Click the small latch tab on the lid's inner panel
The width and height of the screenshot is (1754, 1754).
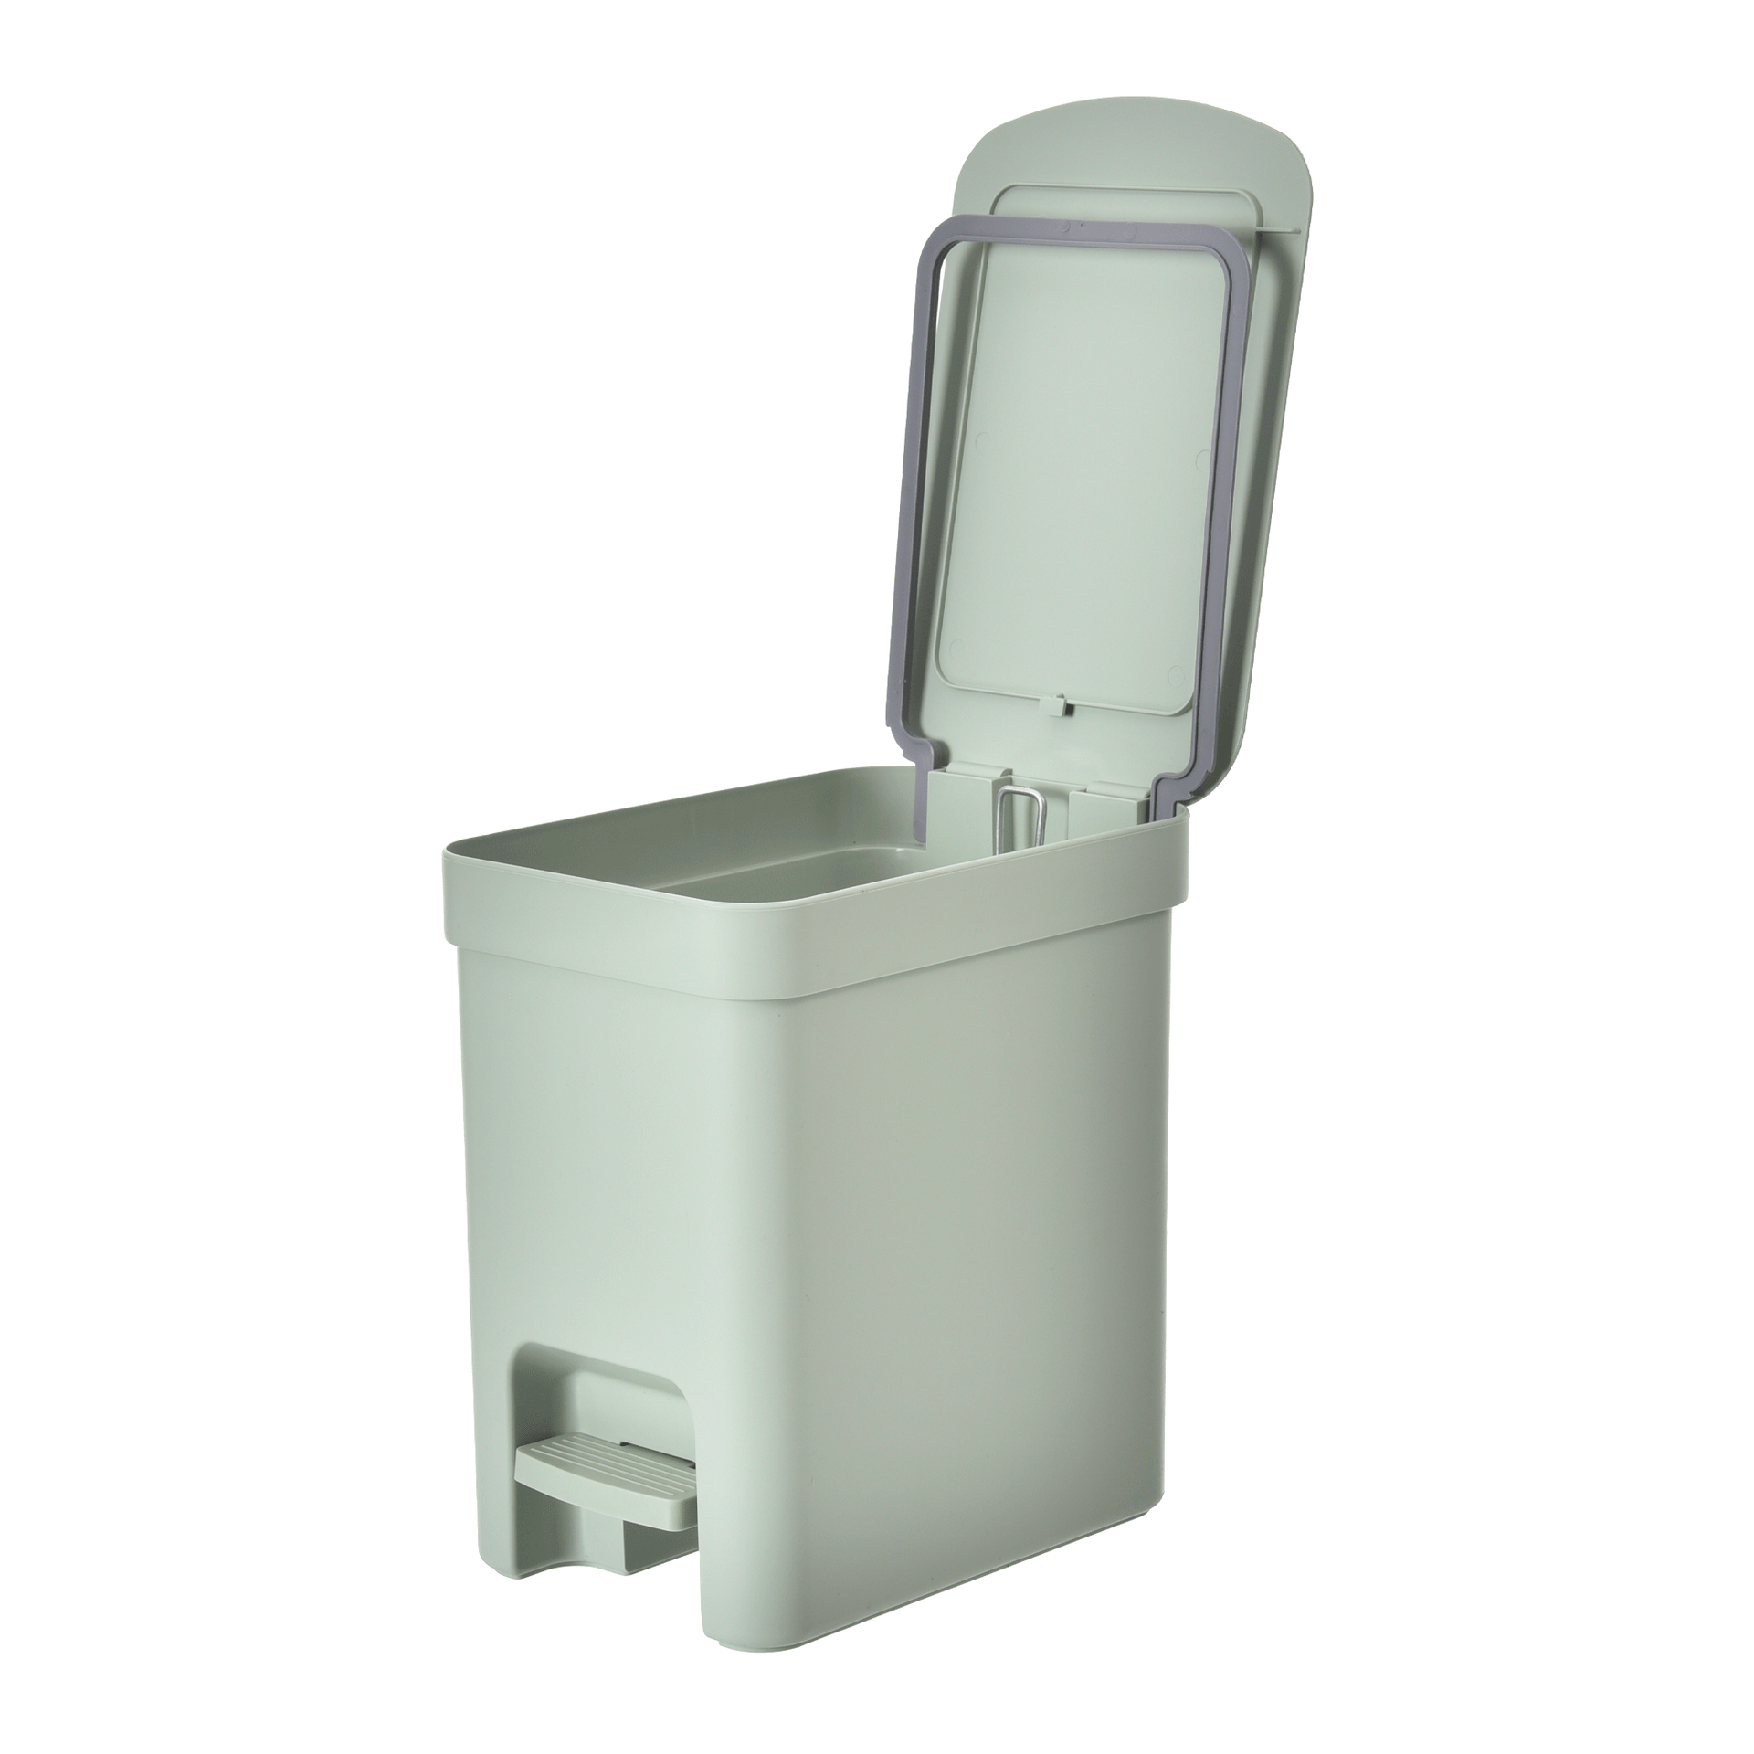(1062, 706)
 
